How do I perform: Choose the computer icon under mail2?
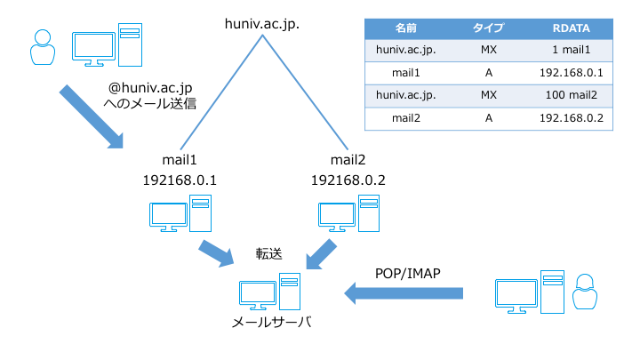[x=347, y=213]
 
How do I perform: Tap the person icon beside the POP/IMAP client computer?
[x=584, y=292]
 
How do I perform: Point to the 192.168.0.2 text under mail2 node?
[x=348, y=180]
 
